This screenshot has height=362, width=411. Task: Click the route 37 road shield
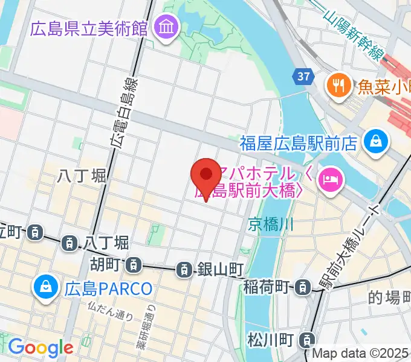pyautogui.click(x=304, y=76)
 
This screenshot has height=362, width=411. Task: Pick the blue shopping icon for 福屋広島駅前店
pyautogui.click(x=376, y=142)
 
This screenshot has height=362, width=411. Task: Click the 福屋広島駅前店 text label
pyautogui.click(x=299, y=143)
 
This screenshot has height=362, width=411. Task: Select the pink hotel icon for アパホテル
pyautogui.click(x=331, y=178)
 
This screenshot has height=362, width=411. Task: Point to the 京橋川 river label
pyautogui.click(x=271, y=225)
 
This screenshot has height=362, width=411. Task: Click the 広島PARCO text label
pyautogui.click(x=108, y=288)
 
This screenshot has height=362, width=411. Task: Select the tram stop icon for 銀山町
pyautogui.click(x=184, y=270)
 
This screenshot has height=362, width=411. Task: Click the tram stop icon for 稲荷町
pyautogui.click(x=300, y=288)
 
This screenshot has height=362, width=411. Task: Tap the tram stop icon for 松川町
pyautogui.click(x=308, y=340)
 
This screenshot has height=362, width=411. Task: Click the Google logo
pyautogui.click(x=40, y=348)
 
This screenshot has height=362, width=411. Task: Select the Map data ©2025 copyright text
pyautogui.click(x=360, y=354)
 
